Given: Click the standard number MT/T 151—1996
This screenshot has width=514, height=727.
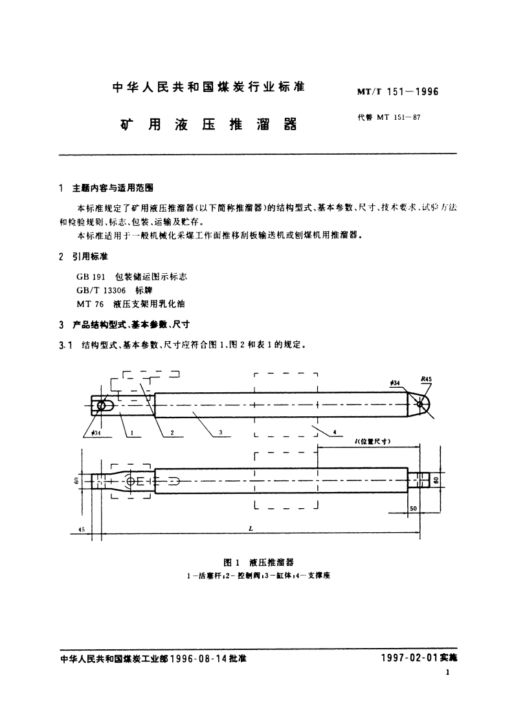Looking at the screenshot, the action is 397,92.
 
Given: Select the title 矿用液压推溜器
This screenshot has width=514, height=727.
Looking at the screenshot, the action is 208,124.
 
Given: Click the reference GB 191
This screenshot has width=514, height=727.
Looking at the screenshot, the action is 89,276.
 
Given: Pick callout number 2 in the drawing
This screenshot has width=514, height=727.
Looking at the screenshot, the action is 172,432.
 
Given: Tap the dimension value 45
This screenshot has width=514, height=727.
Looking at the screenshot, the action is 82,530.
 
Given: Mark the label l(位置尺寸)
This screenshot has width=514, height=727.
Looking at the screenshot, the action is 370,442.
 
